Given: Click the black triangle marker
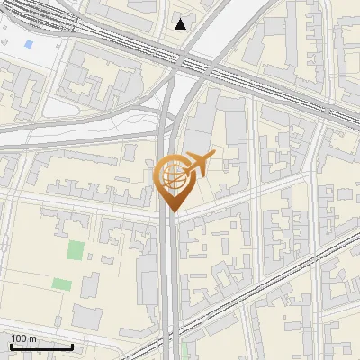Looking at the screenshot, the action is [x=181, y=24].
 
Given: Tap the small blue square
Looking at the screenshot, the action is [x=29, y=43].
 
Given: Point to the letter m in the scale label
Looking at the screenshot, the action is [x=33, y=338].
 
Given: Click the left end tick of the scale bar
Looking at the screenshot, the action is [x=11, y=346].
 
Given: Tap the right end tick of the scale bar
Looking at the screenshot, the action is [x=73, y=346].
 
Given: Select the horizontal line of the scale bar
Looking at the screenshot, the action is [x=41, y=347].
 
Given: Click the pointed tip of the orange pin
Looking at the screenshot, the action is [x=171, y=211].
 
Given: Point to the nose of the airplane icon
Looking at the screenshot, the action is [x=213, y=156].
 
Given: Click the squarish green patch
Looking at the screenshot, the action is [x=76, y=249].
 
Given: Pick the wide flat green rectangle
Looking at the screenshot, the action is [x=61, y=284].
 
